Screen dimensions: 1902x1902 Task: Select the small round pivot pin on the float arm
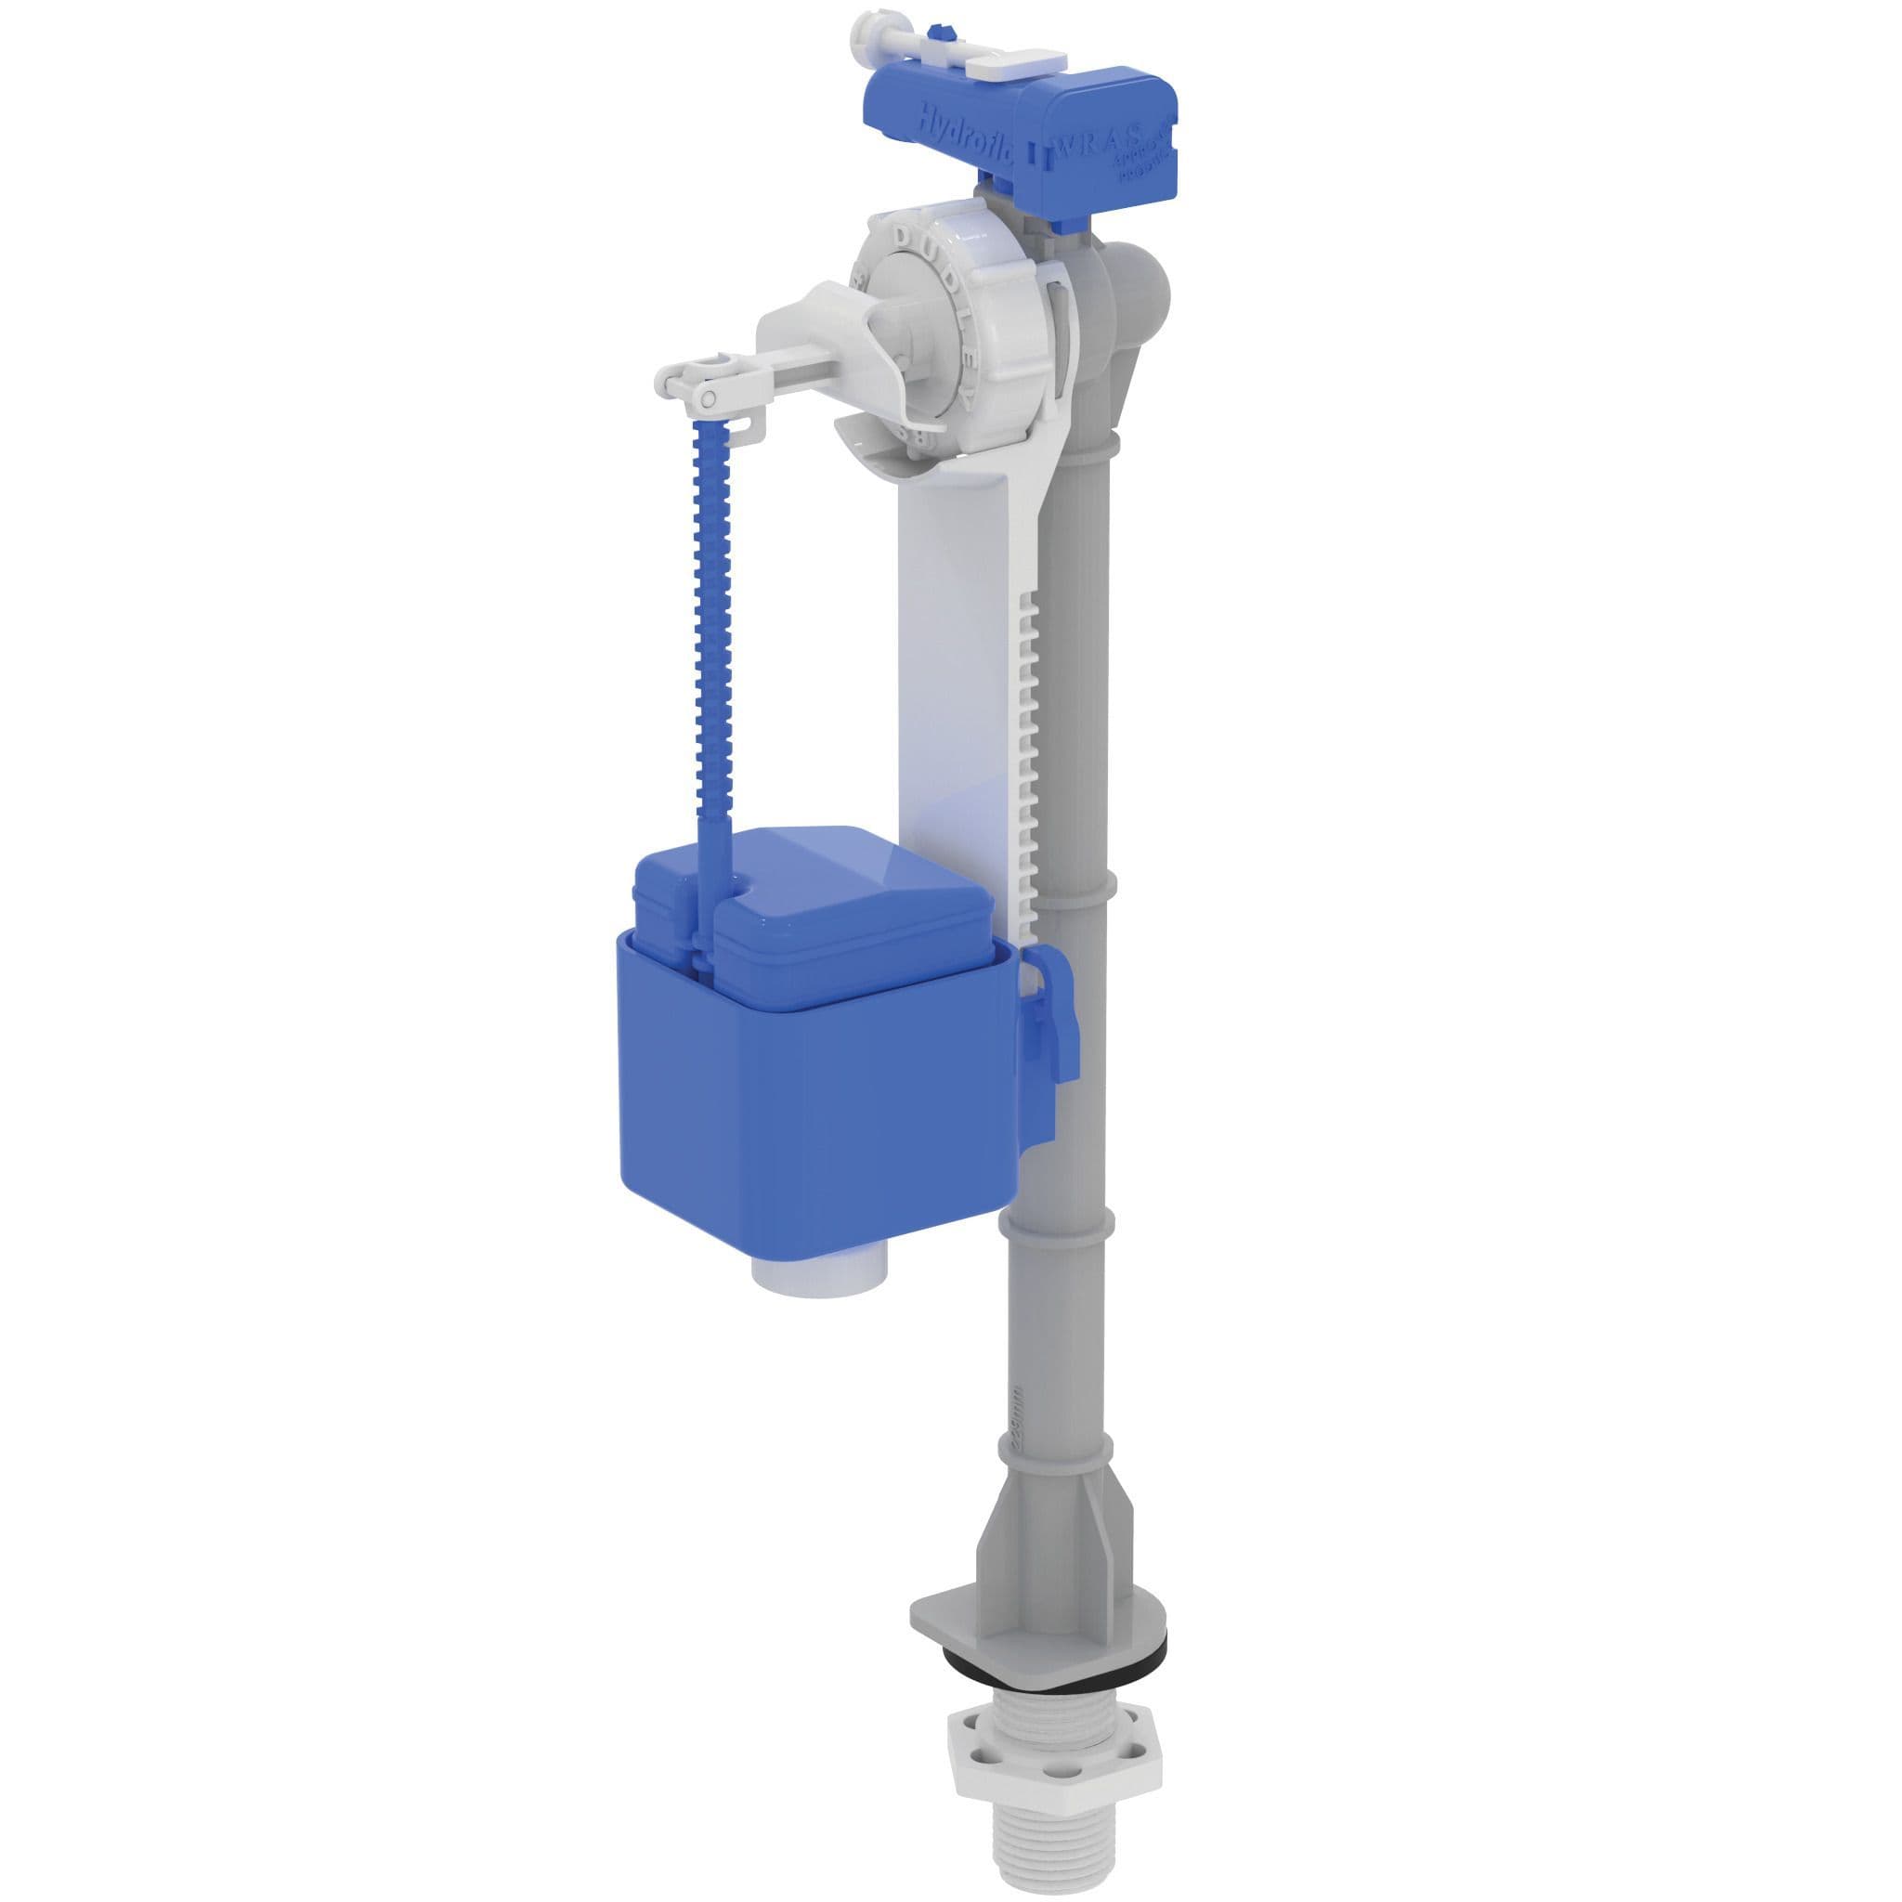707,397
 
